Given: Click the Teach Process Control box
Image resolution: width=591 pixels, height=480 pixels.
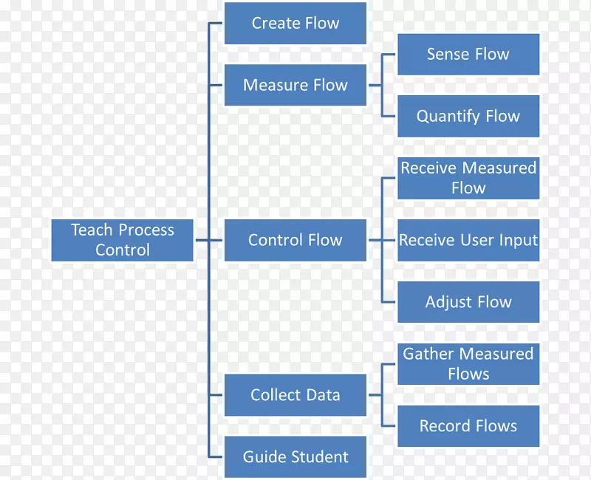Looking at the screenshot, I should click(x=122, y=240).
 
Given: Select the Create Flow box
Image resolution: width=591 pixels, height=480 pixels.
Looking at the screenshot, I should click(x=295, y=23).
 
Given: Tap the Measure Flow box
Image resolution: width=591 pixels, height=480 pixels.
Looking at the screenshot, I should click(x=295, y=85).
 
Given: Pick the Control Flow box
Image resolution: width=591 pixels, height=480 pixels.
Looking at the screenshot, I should click(x=295, y=240).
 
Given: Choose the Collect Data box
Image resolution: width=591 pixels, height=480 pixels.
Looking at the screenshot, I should click(x=295, y=395).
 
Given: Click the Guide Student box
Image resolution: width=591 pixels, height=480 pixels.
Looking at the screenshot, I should click(x=295, y=457).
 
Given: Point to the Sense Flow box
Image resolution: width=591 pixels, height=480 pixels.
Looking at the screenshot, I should click(x=468, y=54).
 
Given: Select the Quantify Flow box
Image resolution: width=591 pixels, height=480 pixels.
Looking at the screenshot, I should click(x=468, y=116).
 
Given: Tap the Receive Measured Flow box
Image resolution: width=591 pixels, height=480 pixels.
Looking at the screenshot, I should click(x=468, y=178).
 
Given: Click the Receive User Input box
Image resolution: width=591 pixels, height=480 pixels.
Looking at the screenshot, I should click(x=468, y=240).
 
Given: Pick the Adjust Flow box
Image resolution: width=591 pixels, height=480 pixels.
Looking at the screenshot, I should click(x=468, y=302).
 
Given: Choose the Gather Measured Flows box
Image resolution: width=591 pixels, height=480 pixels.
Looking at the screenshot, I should click(x=468, y=364).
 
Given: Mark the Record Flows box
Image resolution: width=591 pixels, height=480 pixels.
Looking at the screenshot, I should click(x=468, y=426).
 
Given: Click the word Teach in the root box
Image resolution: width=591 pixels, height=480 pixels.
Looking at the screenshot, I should click(x=89, y=230).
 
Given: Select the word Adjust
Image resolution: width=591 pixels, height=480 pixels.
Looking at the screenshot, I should click(x=447, y=303).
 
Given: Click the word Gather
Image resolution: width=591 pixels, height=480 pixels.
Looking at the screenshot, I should click(x=427, y=354).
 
